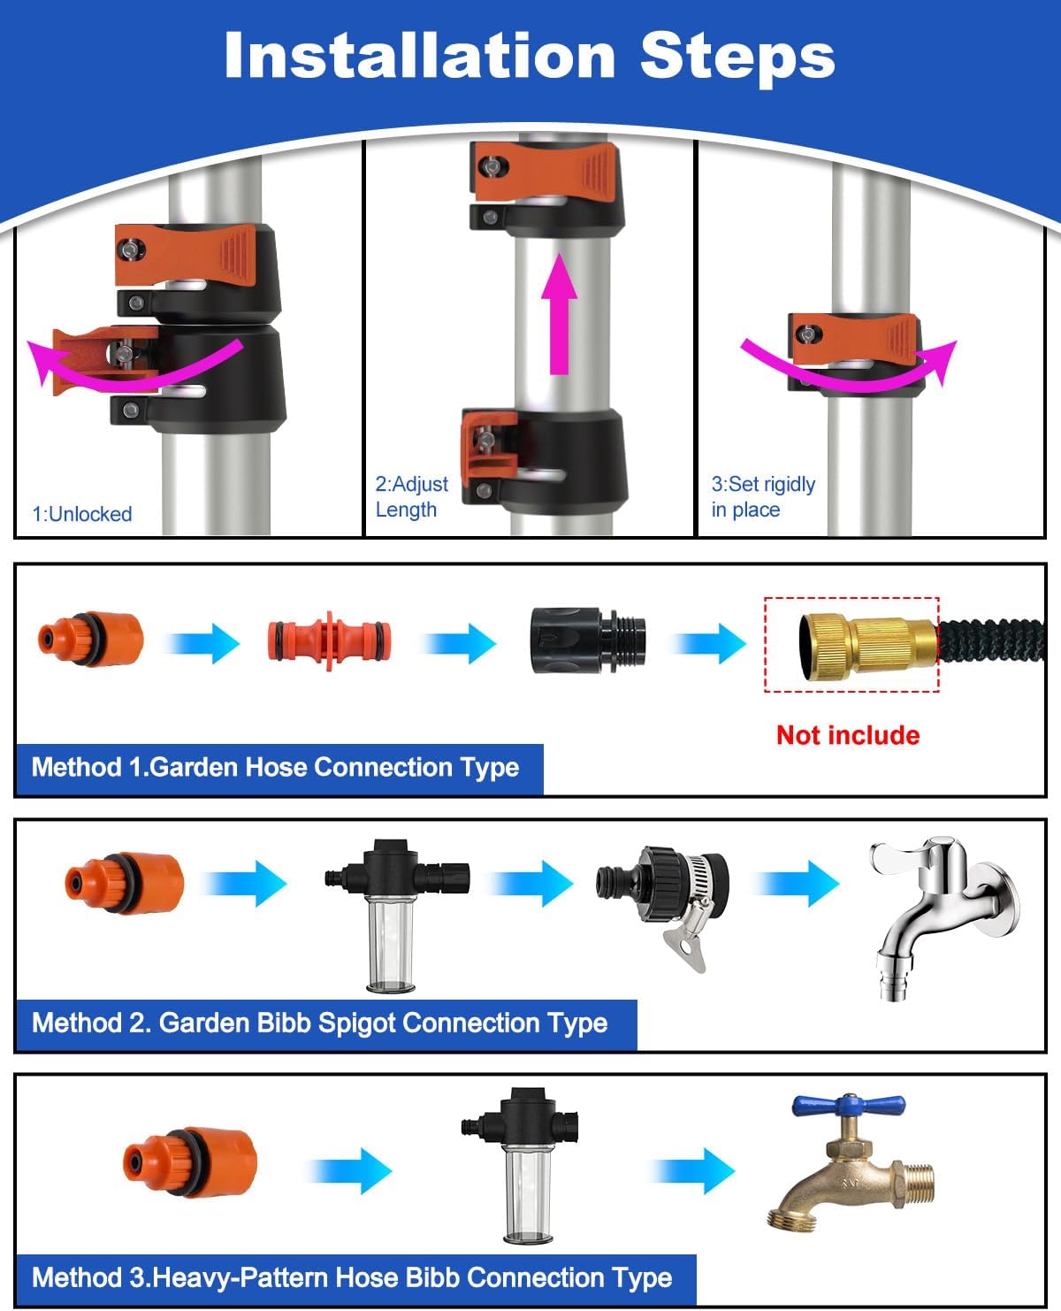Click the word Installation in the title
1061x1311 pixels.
tap(419, 56)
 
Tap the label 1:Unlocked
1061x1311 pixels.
tap(82, 514)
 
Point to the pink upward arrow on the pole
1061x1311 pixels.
tap(559, 314)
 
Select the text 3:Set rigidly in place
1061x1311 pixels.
tap(763, 496)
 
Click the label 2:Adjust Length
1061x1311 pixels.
tap(411, 496)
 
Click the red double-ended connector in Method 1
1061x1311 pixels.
tap(328, 641)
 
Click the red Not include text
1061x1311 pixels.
tap(848, 735)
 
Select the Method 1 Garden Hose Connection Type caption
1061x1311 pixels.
tap(276, 767)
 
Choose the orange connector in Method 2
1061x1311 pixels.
tap(125, 883)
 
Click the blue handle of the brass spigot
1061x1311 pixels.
tap(848, 1105)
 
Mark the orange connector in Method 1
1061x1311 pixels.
tap(90, 639)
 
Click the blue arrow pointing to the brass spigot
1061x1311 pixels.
tap(693, 1170)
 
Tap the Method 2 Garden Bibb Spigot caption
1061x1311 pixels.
tap(320, 1023)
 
